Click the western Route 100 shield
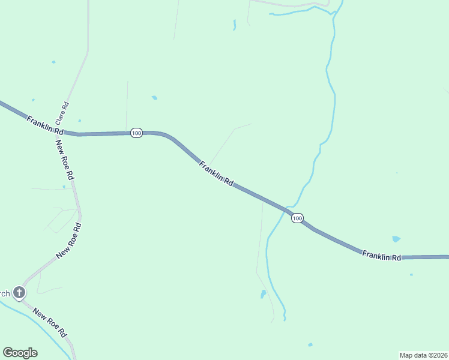click(x=136, y=133)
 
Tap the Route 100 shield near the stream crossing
click(x=297, y=218)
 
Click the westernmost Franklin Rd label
click(x=45, y=125)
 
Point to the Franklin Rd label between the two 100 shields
click(x=216, y=174)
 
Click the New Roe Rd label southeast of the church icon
click(x=49, y=322)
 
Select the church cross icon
click(x=19, y=293)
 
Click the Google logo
click(x=20, y=353)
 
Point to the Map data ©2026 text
click(x=423, y=355)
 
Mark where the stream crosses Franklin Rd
click(x=287, y=209)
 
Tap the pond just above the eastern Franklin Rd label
click(x=396, y=239)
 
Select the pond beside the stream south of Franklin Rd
click(x=262, y=294)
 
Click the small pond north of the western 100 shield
click(x=154, y=97)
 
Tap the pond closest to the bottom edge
click(x=310, y=345)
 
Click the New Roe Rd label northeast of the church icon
click(x=68, y=241)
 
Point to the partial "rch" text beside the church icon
click(x=4, y=293)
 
